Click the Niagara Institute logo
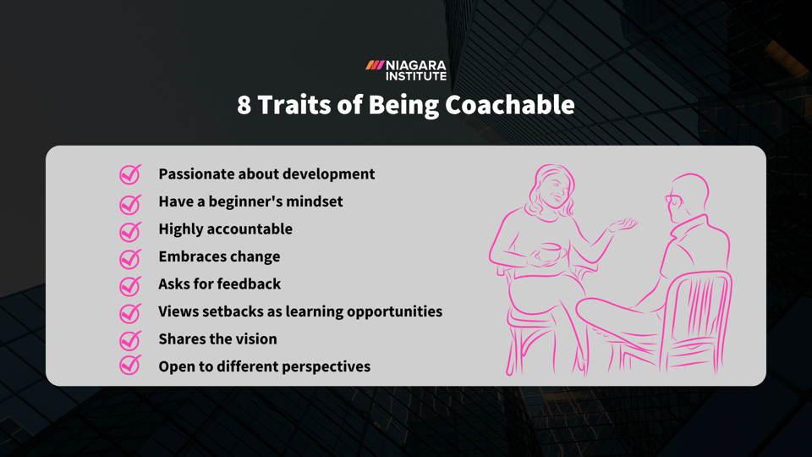point(406,70)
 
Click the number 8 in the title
point(244,105)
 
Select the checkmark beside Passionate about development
point(129,174)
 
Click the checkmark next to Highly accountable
point(129,229)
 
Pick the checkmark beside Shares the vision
point(129,339)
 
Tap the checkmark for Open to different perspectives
point(129,366)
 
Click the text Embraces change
point(219,256)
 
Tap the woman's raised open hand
point(623,223)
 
